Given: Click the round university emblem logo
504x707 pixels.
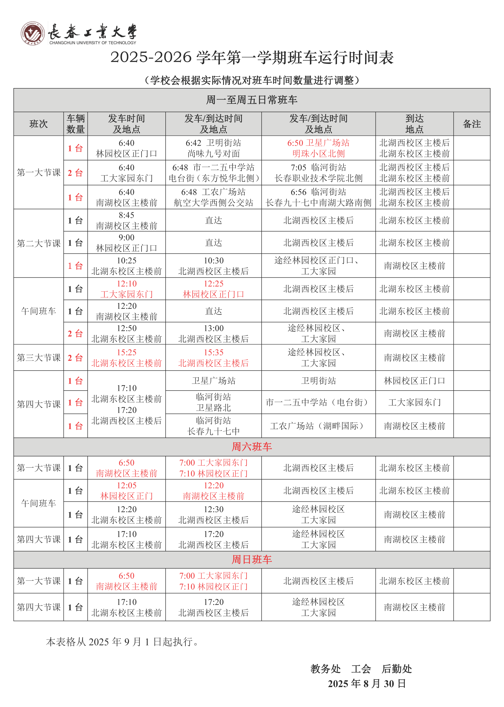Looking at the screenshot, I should [x=32, y=33].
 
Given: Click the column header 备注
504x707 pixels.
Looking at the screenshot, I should [x=472, y=124].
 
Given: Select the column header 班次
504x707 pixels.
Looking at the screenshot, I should [x=38, y=124].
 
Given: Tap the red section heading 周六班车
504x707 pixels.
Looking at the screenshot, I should [x=252, y=447].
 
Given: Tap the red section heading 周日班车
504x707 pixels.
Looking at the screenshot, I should [x=252, y=559].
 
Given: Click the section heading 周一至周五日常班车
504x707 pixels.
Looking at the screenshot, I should [x=252, y=100].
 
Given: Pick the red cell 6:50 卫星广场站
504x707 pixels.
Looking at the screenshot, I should [x=318, y=148].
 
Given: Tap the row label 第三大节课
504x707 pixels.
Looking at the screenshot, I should [x=38, y=358].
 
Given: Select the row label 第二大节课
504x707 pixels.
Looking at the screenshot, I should [x=38, y=243].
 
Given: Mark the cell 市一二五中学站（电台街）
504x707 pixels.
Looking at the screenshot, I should [x=318, y=402].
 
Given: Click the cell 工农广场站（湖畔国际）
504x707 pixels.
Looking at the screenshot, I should [x=318, y=426].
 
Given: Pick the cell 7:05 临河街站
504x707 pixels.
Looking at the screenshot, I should [x=318, y=173].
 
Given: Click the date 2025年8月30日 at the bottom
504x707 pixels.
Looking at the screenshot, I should [x=367, y=683].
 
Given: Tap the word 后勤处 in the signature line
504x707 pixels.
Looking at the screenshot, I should [x=397, y=669].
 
